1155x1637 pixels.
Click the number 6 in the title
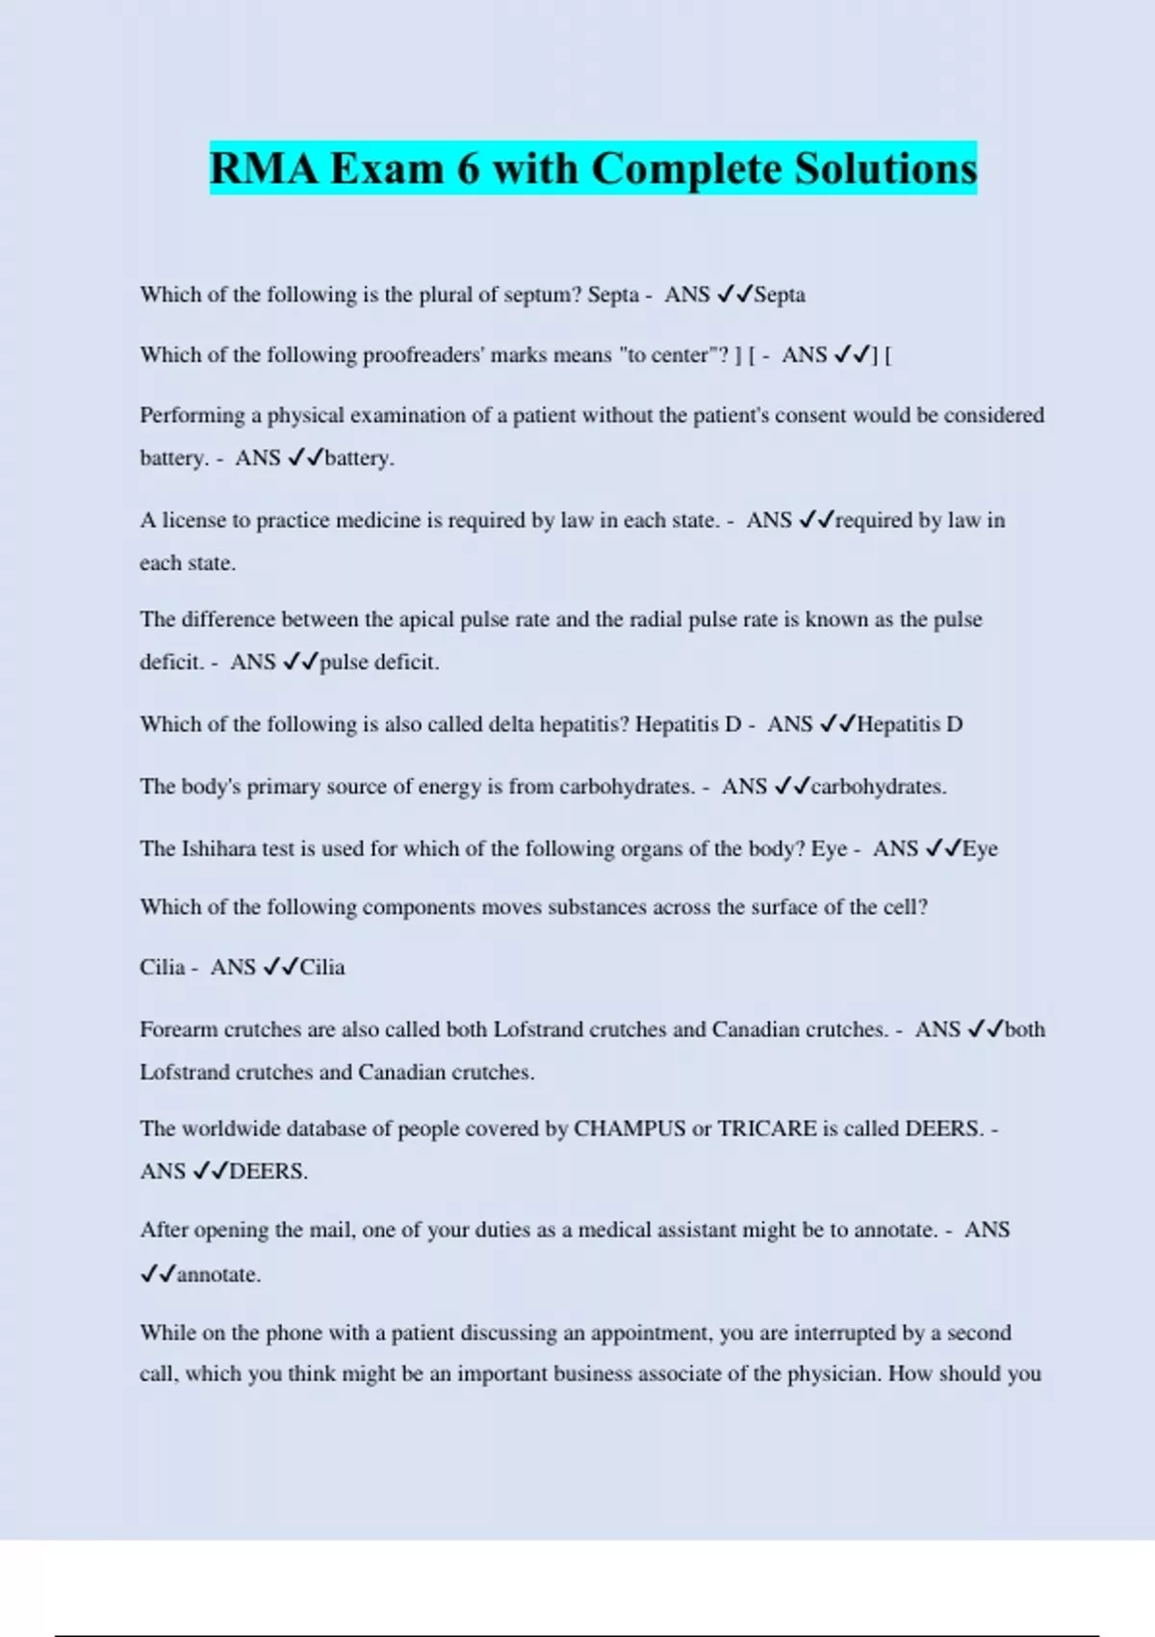tap(468, 169)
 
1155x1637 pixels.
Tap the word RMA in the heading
tap(263, 169)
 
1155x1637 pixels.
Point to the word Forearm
tap(179, 1029)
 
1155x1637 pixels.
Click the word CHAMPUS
tap(629, 1129)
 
